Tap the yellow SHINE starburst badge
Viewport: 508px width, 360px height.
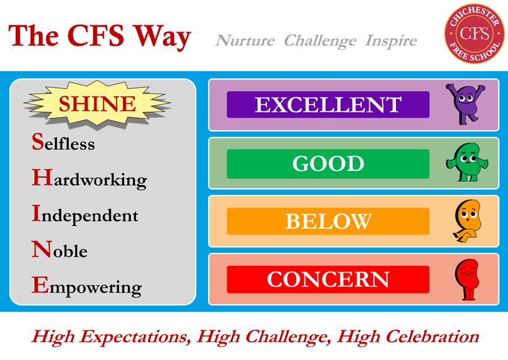click(97, 104)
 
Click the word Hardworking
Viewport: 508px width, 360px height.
click(89, 180)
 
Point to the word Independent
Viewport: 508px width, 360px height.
click(85, 215)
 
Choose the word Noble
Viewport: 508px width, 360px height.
click(60, 250)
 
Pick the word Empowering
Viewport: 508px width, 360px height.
click(86, 287)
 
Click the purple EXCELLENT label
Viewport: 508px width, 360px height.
click(328, 105)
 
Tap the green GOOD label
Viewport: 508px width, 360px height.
click(328, 163)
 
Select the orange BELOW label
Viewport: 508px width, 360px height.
click(328, 221)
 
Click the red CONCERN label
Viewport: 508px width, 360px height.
click(328, 279)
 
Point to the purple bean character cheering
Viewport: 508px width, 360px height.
click(465, 104)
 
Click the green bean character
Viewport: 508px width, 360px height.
click(466, 163)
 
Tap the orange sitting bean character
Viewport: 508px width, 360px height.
click(466, 221)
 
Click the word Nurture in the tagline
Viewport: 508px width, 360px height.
click(245, 41)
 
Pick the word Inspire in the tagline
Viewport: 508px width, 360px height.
click(391, 41)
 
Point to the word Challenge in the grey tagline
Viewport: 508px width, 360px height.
click(320, 41)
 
